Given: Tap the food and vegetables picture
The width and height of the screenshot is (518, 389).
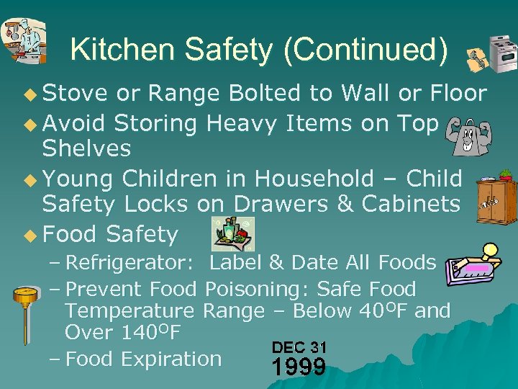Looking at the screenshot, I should coord(232,234).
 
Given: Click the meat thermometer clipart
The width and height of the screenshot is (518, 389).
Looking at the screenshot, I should coord(27,317).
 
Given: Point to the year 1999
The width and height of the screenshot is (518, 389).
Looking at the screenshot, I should coord(299,367).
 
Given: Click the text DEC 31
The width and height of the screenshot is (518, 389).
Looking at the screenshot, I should coord(299,347).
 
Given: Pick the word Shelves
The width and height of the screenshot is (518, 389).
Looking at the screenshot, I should coord(86,149).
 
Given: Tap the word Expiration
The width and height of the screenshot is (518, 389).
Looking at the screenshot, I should coord(171,359).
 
